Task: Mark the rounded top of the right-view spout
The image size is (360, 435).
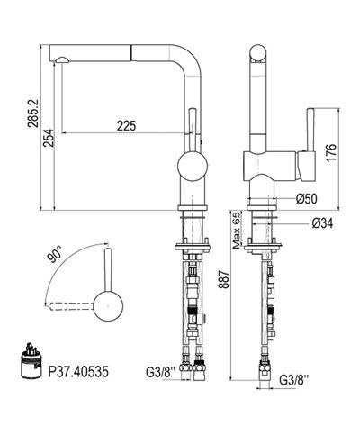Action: click(256, 51)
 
